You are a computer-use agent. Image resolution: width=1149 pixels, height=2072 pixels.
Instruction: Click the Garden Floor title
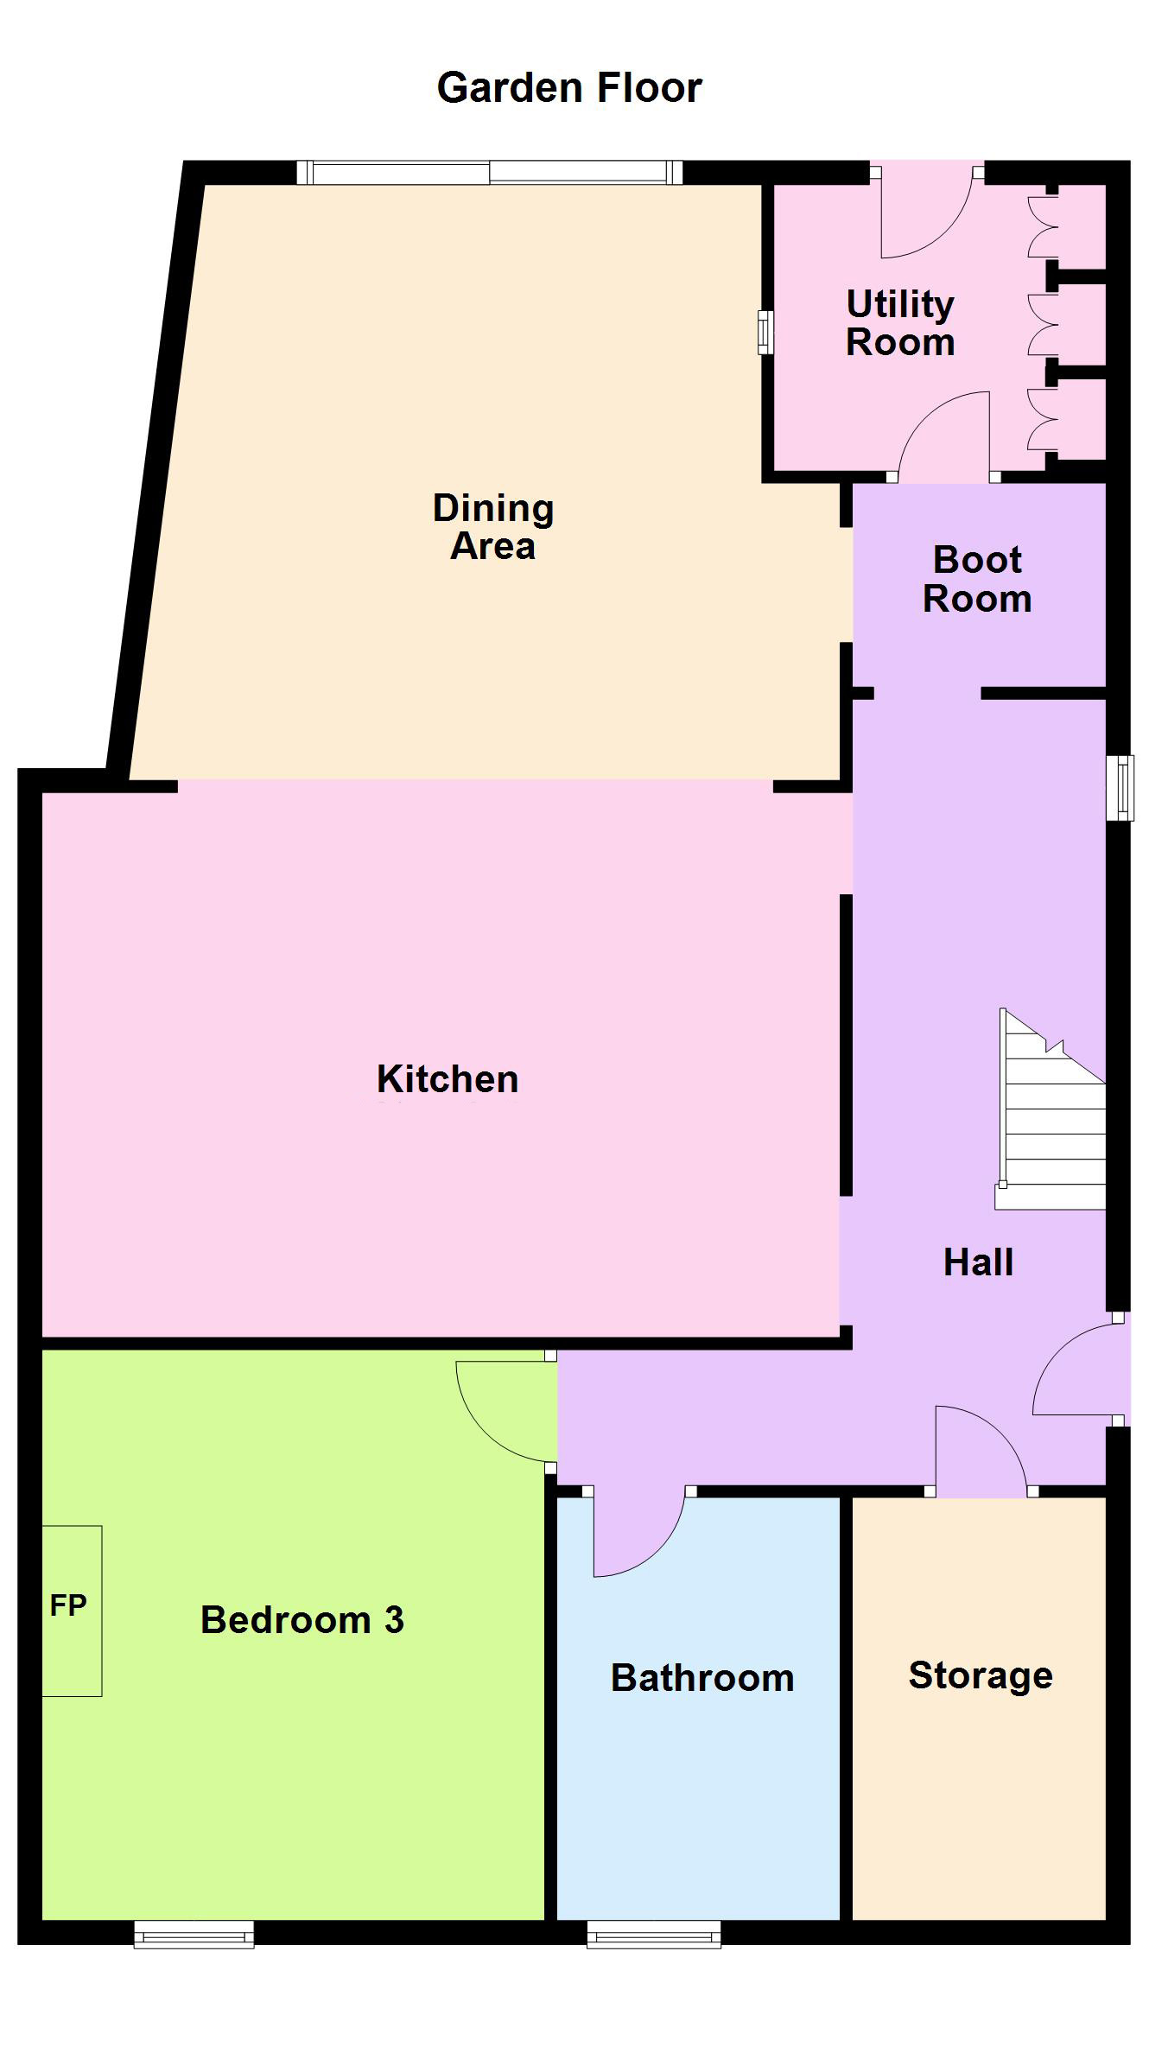point(569,87)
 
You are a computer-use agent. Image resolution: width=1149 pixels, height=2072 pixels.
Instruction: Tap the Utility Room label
point(900,323)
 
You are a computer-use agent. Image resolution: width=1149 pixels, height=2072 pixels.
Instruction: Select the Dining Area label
point(493,527)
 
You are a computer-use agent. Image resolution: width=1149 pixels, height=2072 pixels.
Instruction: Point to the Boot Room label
point(977,579)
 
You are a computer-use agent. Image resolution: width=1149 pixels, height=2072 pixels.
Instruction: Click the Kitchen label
point(448,1079)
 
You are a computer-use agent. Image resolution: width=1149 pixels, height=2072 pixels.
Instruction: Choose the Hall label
point(978,1262)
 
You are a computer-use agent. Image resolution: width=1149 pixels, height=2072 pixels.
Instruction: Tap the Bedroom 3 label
point(302,1620)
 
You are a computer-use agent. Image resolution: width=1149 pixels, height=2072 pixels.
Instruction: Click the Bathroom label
point(702,1678)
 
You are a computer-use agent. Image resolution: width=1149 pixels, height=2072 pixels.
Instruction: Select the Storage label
point(981,1676)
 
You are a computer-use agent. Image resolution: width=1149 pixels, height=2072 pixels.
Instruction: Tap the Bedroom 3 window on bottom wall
point(194,1935)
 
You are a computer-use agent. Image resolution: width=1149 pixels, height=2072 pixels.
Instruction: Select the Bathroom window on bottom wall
point(654,1935)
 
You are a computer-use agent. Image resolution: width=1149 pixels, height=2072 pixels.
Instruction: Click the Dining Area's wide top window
point(490,173)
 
